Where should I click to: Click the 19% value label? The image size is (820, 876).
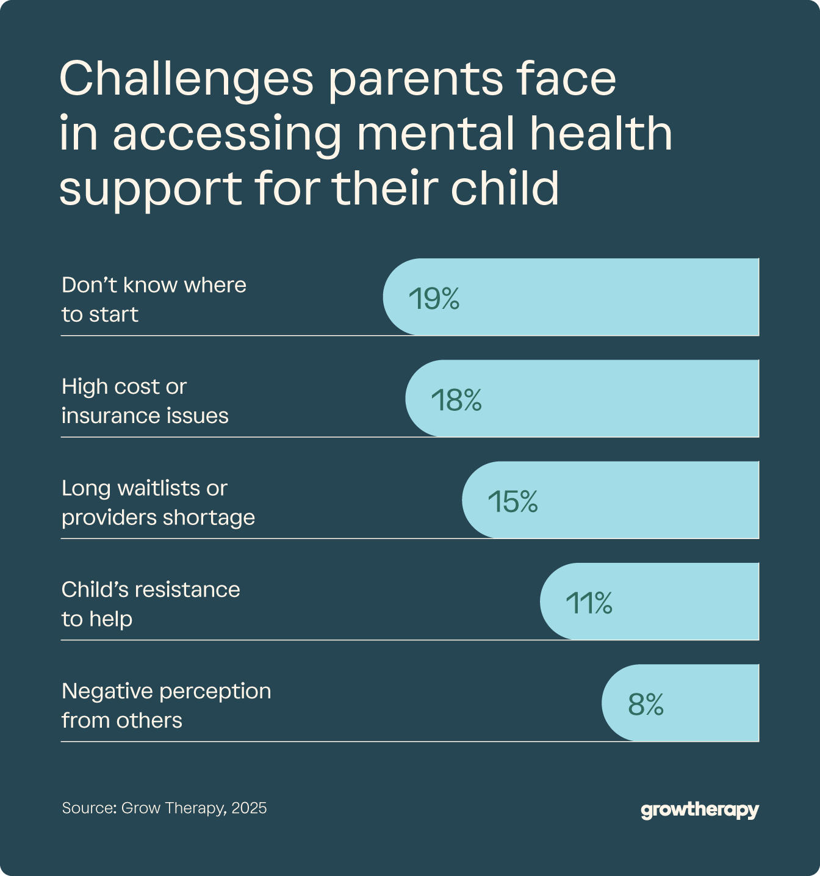click(434, 299)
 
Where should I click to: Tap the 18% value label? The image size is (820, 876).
click(456, 400)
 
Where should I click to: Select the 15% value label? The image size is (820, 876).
click(512, 502)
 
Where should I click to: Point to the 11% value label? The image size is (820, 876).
click(589, 603)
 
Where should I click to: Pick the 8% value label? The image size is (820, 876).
click(646, 704)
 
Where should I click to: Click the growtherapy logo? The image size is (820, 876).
click(700, 810)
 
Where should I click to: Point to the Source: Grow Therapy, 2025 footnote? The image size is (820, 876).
click(164, 808)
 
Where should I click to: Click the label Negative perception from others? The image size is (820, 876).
click(166, 705)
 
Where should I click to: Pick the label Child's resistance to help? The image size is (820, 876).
click(151, 604)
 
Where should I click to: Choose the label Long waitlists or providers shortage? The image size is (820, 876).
click(158, 502)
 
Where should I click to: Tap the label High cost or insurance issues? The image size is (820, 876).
click(145, 401)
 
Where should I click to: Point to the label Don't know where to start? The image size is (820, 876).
click(154, 299)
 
